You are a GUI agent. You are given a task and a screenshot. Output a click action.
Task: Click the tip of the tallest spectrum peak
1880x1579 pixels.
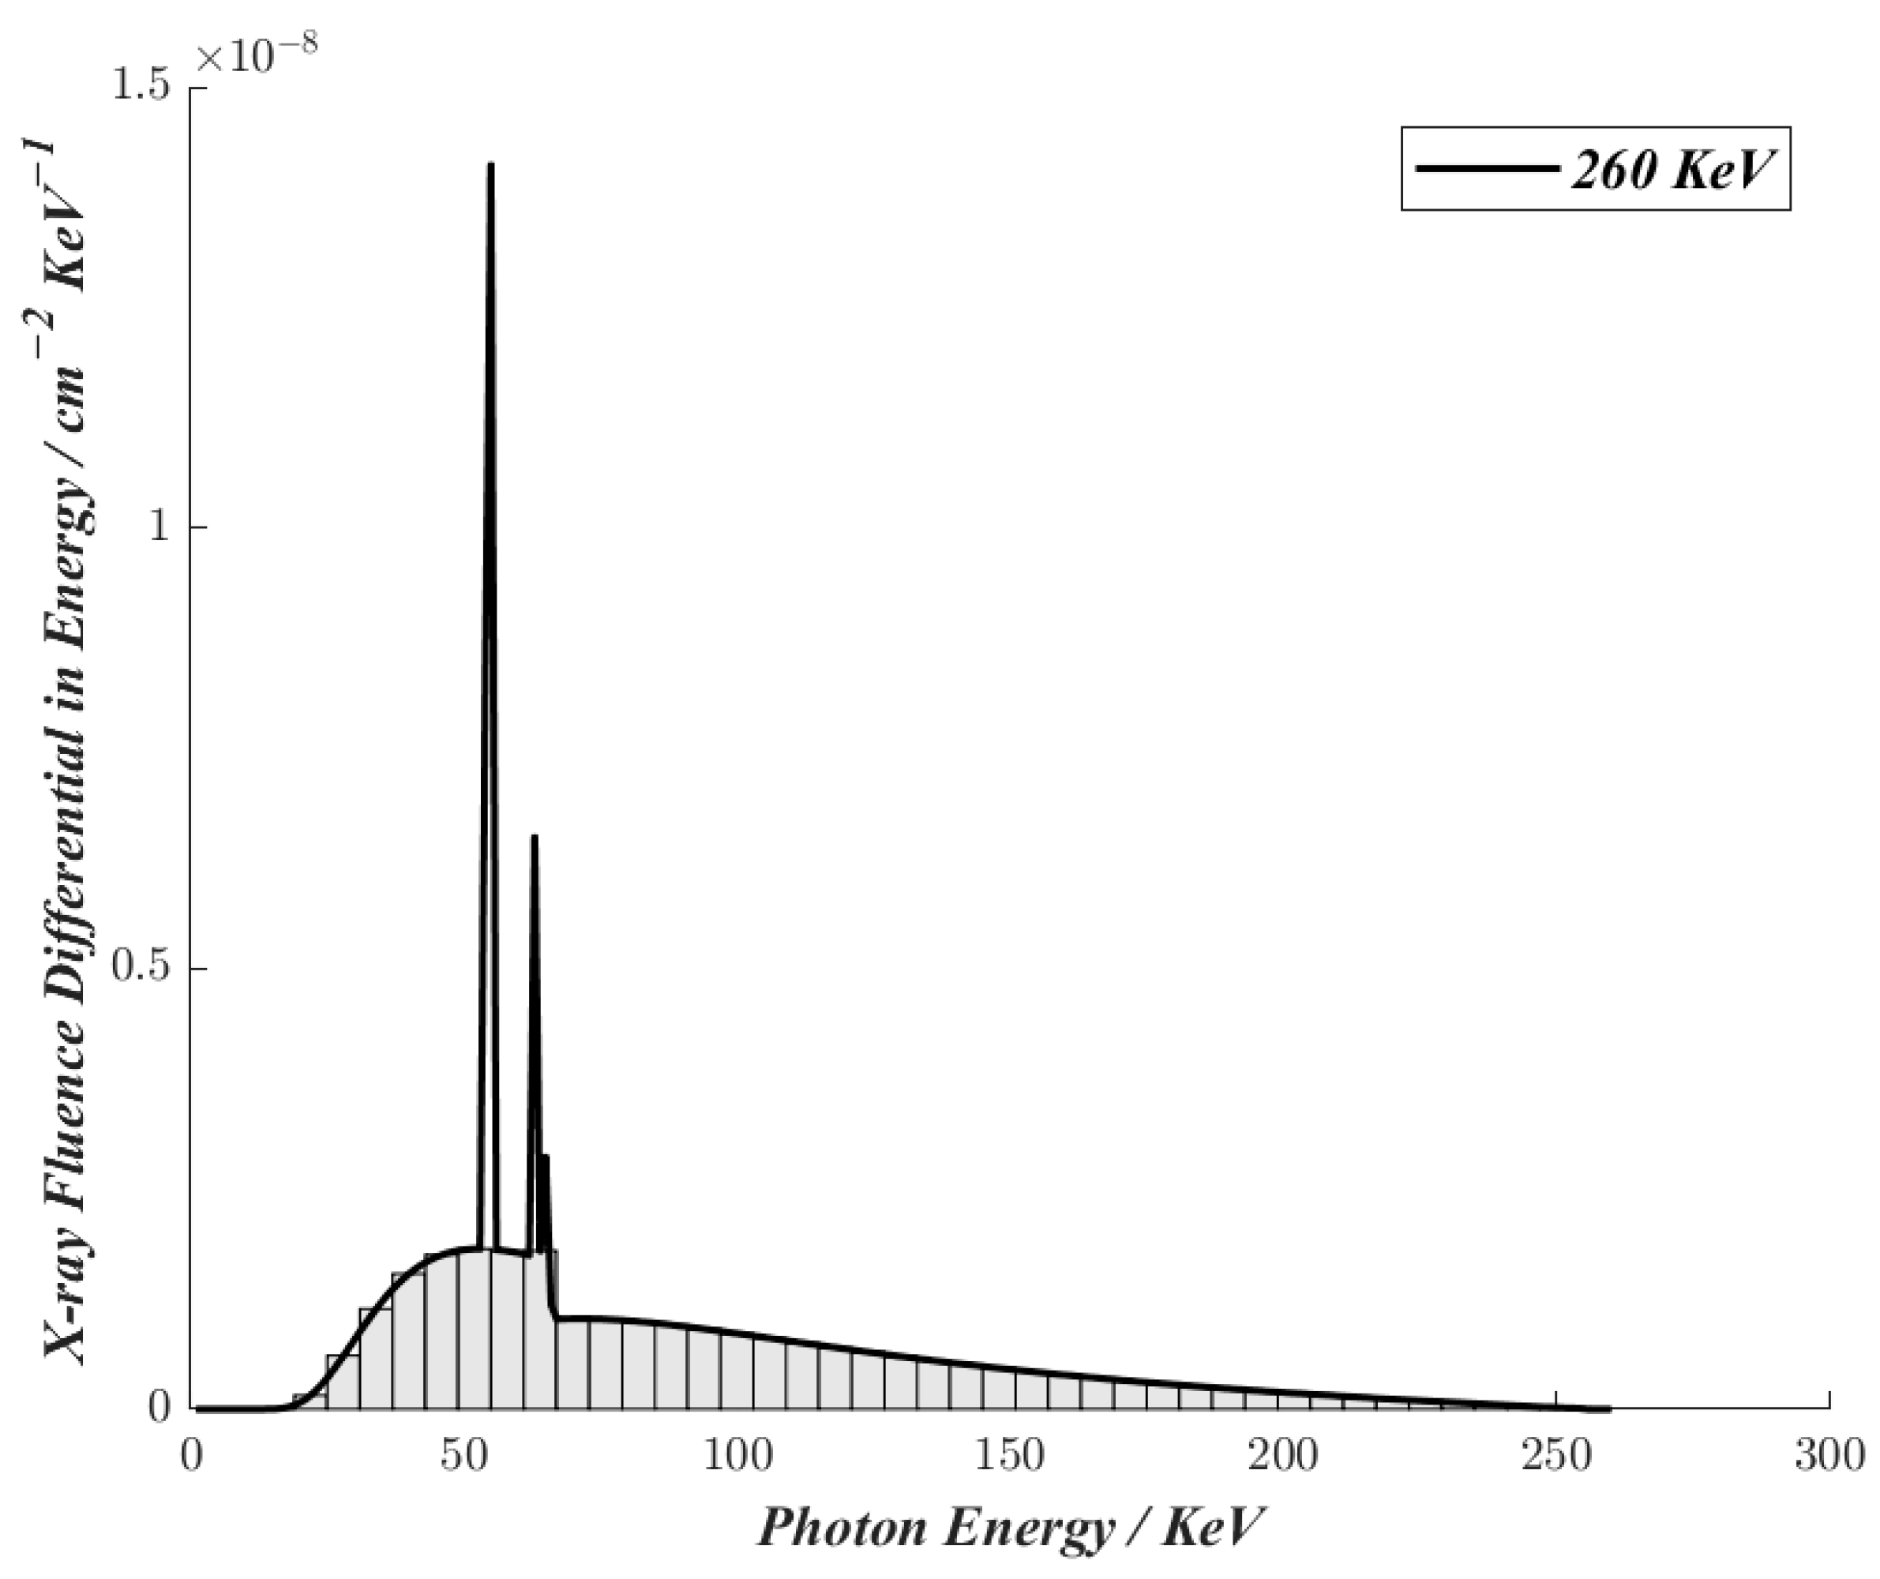490,166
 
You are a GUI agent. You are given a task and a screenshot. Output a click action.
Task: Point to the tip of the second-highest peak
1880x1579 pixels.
535,837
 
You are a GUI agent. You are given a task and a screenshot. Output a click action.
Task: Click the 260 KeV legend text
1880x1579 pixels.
1672,169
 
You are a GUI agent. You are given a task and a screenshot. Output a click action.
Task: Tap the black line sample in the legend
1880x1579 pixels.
1486,168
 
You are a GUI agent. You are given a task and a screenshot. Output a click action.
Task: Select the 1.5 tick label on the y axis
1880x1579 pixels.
143,88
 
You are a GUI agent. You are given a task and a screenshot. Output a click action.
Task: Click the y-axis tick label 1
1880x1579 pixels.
159,527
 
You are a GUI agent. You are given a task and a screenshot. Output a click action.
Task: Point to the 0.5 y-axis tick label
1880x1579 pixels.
143,969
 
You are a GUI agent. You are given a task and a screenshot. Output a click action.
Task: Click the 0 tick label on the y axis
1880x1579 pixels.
159,1407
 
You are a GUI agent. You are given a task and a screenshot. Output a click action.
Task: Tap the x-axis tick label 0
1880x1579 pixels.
192,1457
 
